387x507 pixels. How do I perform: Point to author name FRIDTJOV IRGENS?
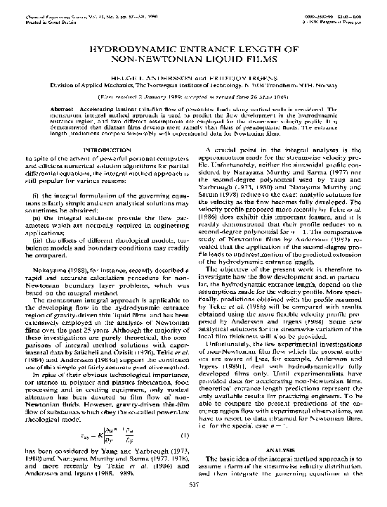click(240, 79)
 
